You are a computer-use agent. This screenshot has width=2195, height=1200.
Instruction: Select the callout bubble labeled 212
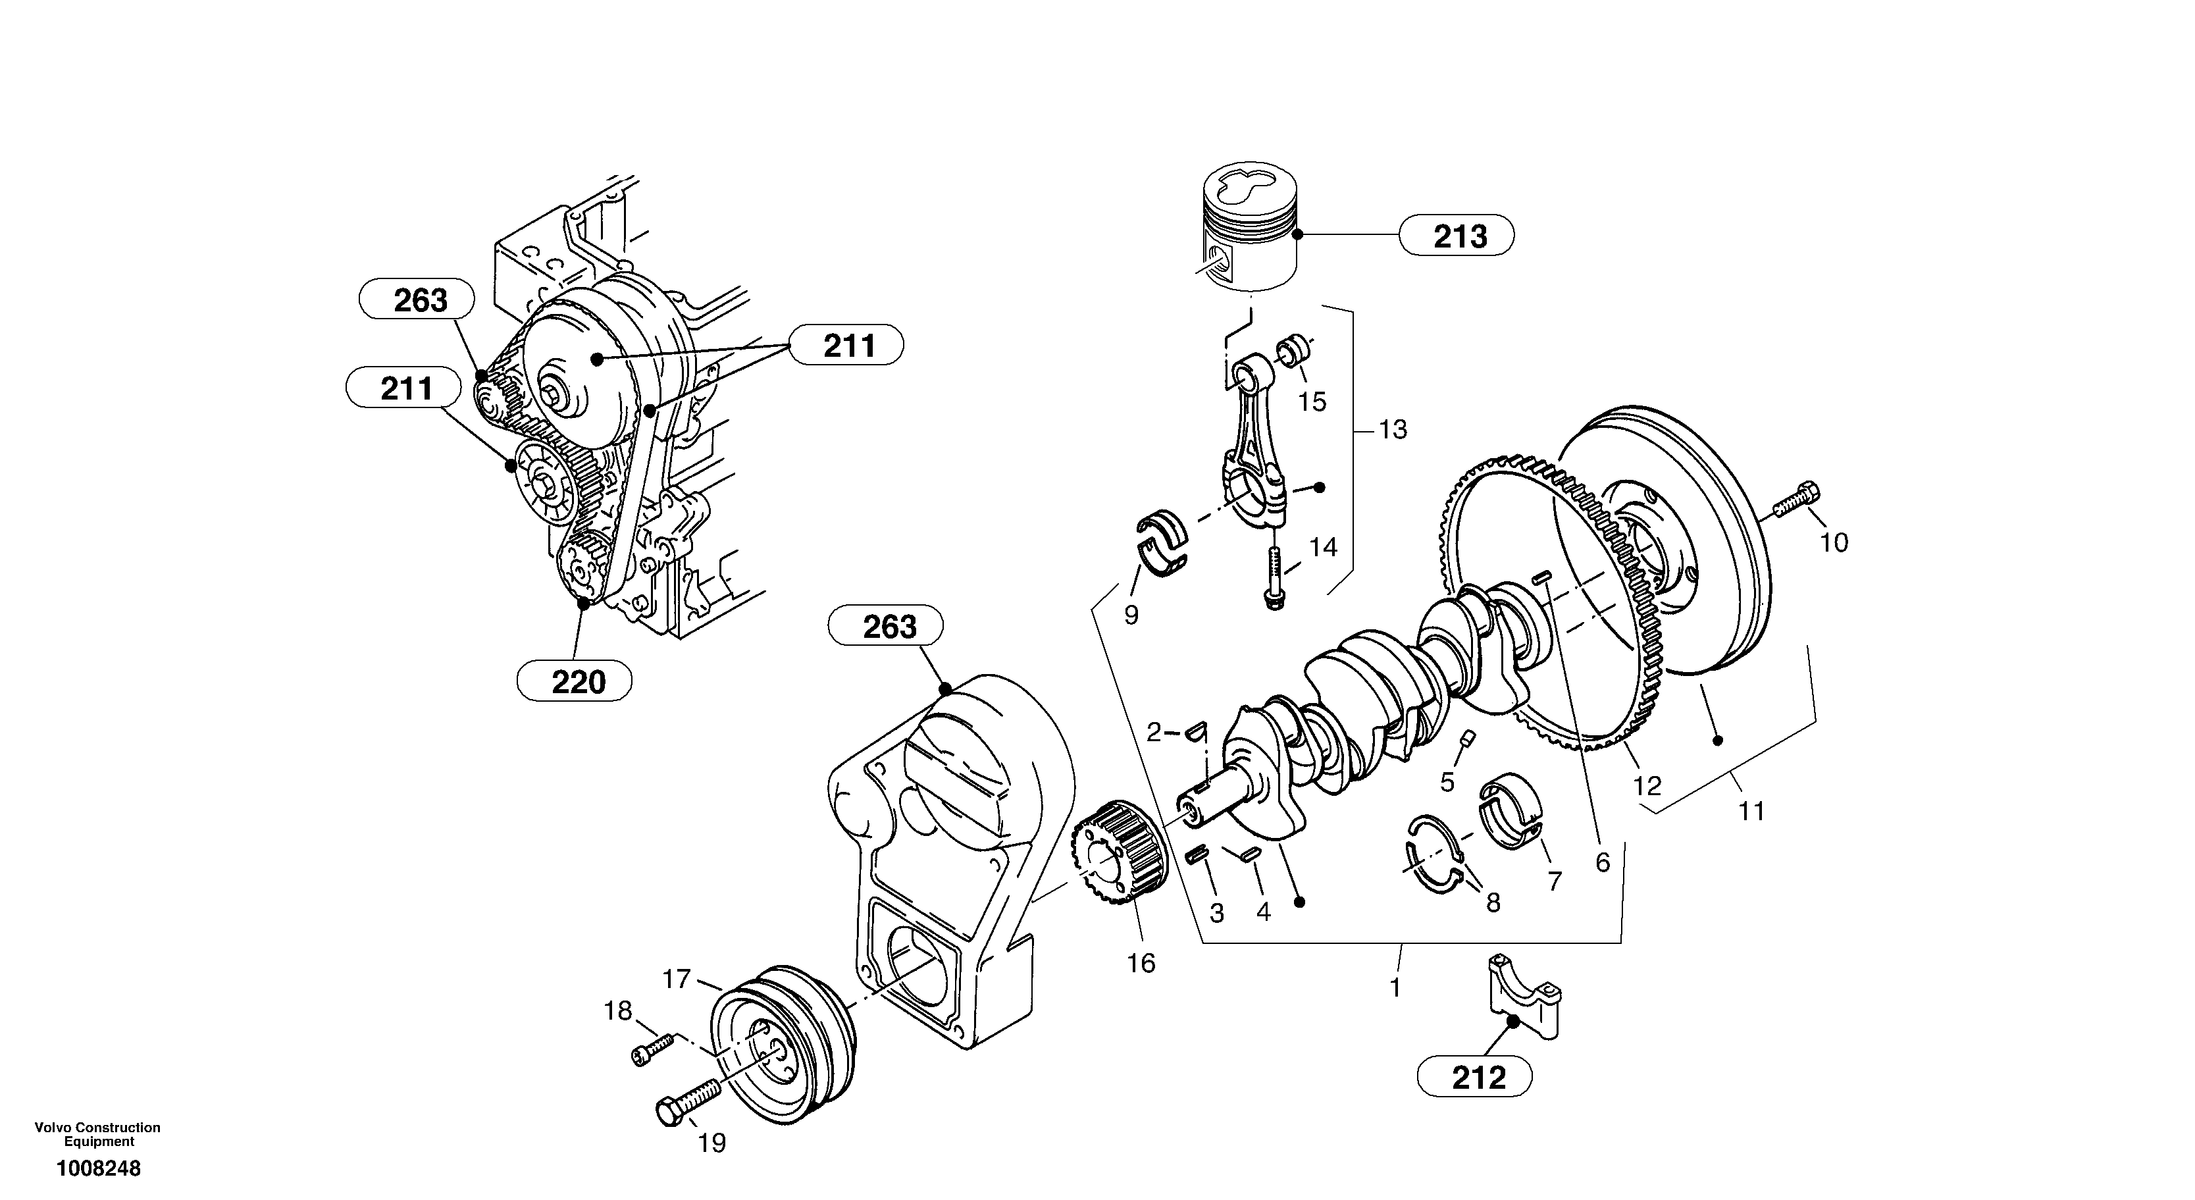[1475, 1078]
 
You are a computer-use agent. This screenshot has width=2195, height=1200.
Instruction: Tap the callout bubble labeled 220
[575, 681]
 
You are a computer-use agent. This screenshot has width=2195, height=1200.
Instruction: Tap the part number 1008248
[99, 1168]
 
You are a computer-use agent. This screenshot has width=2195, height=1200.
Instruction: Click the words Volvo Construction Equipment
[97, 1134]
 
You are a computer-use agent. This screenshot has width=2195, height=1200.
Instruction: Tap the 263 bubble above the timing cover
[886, 627]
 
